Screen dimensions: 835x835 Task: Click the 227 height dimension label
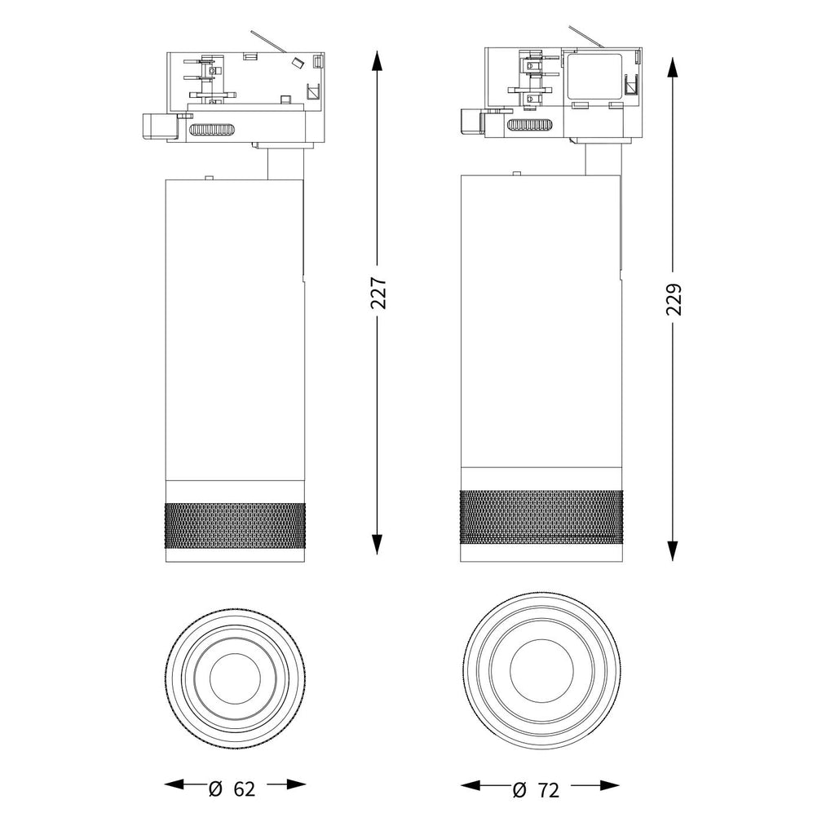coord(378,293)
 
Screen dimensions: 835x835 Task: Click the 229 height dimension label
coord(674,299)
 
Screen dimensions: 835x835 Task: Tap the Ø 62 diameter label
coord(232,789)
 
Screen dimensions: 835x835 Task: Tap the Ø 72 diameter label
coord(537,789)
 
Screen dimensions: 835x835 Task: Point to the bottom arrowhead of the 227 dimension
coord(377,544)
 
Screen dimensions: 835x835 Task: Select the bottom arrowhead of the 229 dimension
coord(673,550)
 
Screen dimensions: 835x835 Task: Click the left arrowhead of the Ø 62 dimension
coord(174,784)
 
